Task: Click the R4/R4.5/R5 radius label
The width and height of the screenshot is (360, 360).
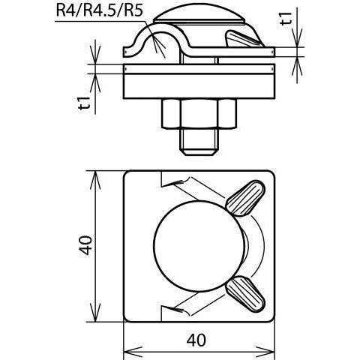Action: (100, 10)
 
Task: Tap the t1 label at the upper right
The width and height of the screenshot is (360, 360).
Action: (286, 19)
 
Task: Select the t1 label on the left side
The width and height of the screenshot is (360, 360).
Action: (84, 103)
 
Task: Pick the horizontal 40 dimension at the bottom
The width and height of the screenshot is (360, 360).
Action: (196, 340)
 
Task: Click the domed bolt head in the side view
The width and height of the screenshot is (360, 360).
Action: (199, 18)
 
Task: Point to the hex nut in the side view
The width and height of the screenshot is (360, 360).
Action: (199, 114)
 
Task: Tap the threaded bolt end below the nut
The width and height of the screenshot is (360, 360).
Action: (199, 142)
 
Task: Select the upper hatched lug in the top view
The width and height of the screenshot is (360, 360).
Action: (245, 198)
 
